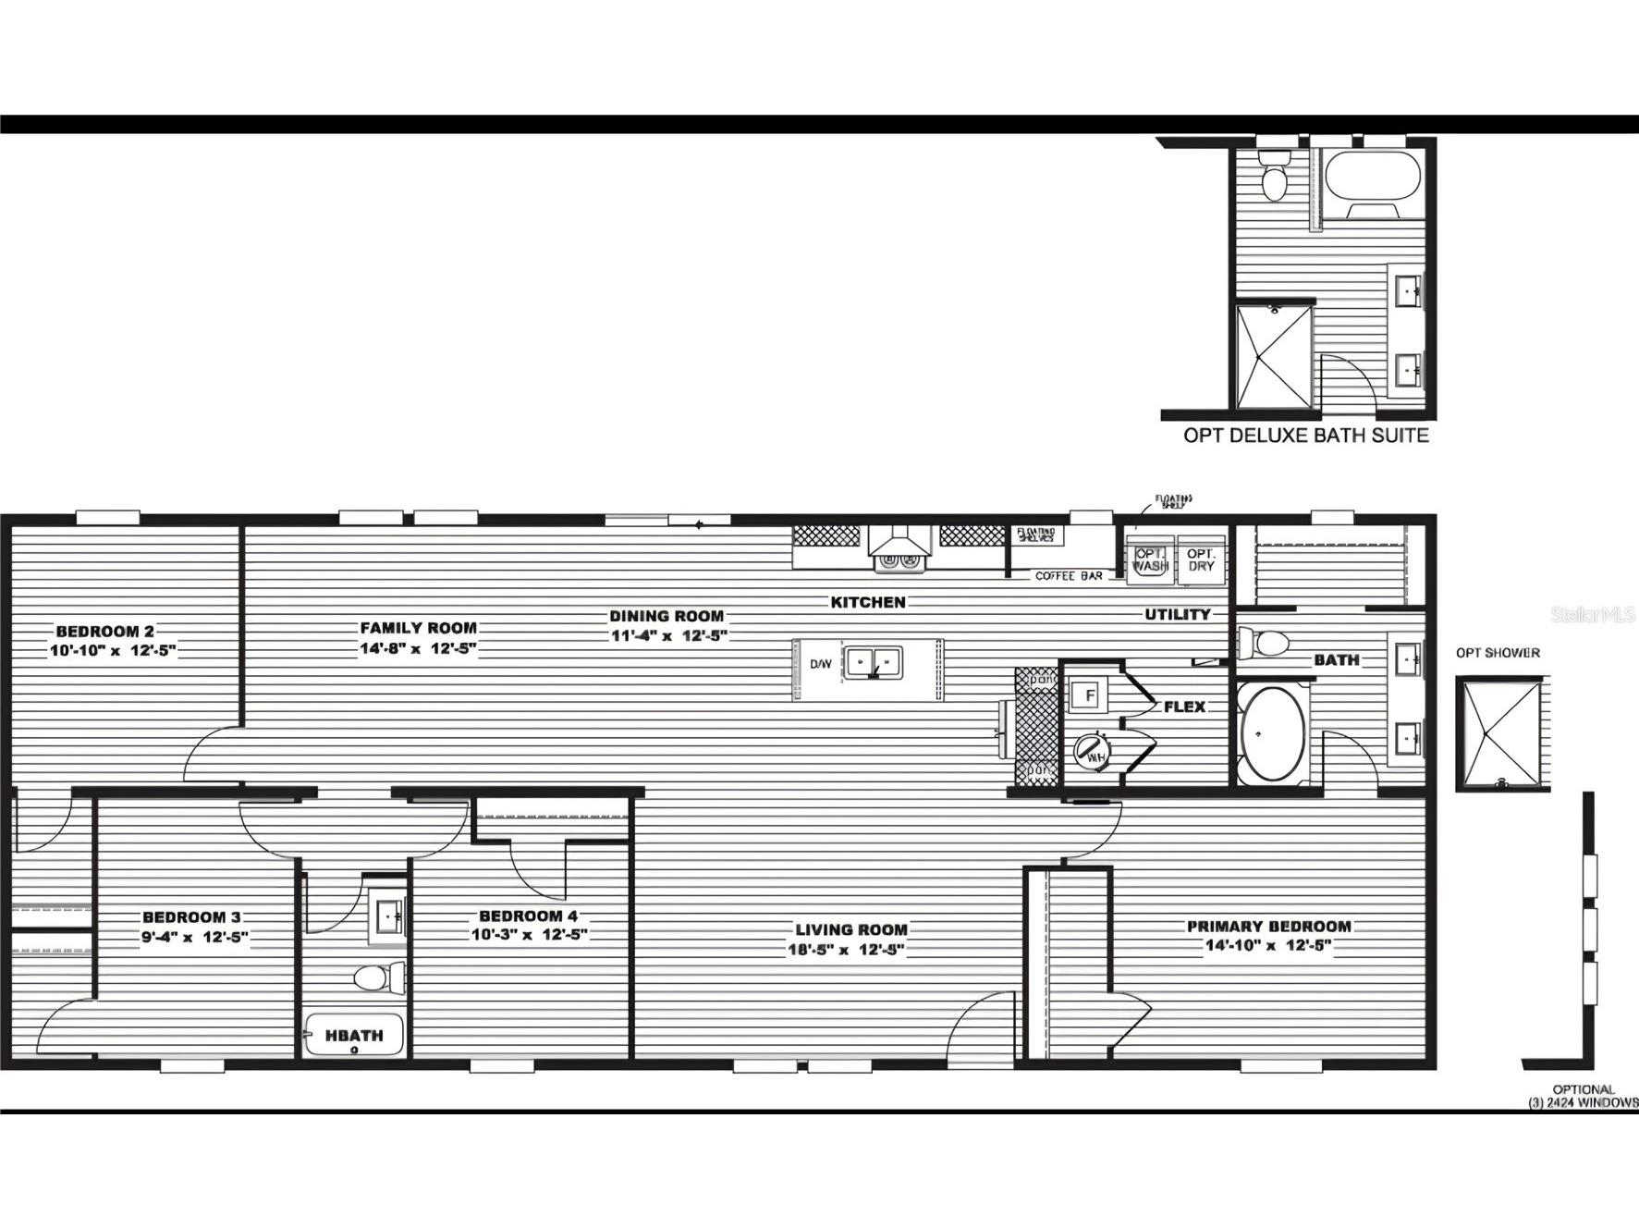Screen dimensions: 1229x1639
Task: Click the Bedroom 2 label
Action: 104,632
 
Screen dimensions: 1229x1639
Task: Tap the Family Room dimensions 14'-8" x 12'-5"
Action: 418,648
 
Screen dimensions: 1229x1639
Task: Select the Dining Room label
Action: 666,616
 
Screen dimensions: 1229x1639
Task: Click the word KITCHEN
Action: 868,602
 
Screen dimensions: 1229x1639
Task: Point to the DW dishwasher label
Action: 820,664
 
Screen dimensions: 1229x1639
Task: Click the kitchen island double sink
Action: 874,663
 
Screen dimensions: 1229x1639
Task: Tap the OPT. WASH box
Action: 1150,559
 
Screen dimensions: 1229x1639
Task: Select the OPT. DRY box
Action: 1201,559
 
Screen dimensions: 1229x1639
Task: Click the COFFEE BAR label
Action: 1069,575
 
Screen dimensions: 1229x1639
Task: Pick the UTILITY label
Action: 1177,614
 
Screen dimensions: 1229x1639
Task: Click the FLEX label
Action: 1184,707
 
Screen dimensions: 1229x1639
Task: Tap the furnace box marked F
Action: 1090,694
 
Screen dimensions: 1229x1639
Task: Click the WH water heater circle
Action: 1094,751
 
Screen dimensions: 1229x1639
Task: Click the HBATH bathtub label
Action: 354,1036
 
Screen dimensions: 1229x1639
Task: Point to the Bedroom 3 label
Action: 191,917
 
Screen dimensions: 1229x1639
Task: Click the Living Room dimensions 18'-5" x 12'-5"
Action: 846,950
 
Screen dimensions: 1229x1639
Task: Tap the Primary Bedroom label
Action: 1268,927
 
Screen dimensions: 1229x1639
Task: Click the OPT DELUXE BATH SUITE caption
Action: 1305,436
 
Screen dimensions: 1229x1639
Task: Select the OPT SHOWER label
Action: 1498,653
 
